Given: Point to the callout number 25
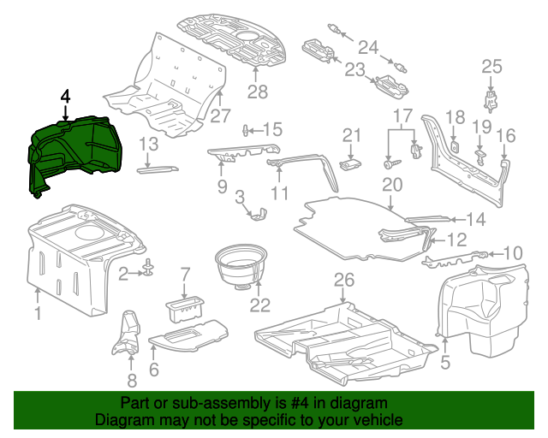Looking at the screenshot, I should [491, 67].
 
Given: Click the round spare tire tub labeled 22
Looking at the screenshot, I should [241, 265].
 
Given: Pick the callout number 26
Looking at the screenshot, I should [342, 280].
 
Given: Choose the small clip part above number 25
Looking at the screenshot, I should [491, 99].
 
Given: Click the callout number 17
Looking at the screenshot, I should [402, 115].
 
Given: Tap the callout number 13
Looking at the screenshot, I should [149, 144].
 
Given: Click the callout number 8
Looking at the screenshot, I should [131, 382].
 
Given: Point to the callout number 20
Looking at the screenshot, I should [391, 184].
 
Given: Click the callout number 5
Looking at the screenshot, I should [444, 364].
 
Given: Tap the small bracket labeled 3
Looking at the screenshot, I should [256, 212].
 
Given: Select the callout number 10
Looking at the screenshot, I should [511, 252].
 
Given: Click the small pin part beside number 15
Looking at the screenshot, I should [247, 130].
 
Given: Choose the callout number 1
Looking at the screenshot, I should [37, 315].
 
